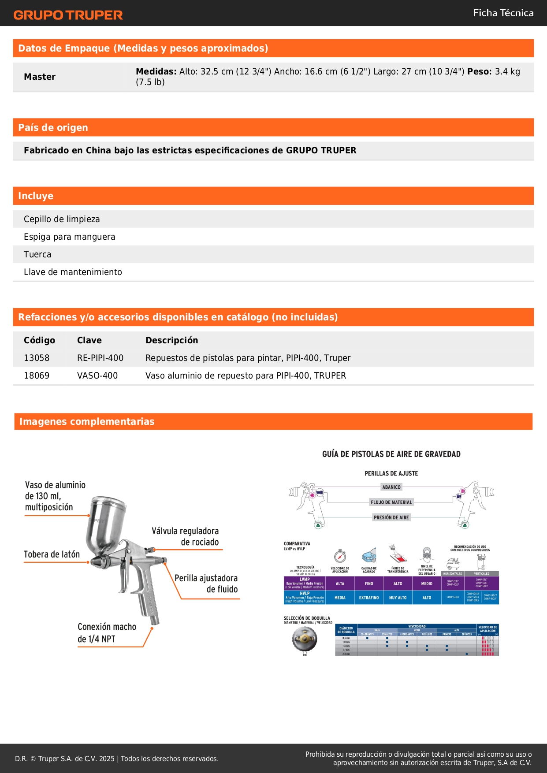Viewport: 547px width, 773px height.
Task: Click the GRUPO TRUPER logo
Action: (x=68, y=15)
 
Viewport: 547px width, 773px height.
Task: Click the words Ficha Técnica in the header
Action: (x=503, y=13)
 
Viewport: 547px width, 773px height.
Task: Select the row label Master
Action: (x=40, y=77)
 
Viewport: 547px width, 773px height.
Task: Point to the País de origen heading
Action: (x=53, y=128)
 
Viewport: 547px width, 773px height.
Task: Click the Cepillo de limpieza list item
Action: (x=62, y=219)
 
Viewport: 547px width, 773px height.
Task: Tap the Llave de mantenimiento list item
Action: (x=73, y=272)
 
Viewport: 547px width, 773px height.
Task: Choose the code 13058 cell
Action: (x=37, y=358)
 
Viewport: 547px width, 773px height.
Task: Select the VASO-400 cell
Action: (x=97, y=375)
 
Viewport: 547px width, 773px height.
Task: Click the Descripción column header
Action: (x=171, y=340)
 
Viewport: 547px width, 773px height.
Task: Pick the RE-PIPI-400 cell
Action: (x=100, y=358)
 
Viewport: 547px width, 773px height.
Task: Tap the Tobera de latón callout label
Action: (x=52, y=554)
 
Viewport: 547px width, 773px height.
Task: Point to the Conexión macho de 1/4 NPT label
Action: (x=107, y=633)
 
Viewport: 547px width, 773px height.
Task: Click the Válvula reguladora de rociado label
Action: (x=186, y=536)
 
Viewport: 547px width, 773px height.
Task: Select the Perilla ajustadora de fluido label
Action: (x=206, y=583)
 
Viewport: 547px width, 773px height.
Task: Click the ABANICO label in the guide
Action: (x=391, y=487)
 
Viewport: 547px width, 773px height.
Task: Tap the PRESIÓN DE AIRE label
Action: (x=391, y=517)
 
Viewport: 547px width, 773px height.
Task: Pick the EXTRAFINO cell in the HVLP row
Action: (x=369, y=598)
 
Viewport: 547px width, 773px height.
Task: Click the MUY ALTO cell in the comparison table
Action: (x=398, y=598)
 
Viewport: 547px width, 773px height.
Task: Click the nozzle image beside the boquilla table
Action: (x=305, y=639)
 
